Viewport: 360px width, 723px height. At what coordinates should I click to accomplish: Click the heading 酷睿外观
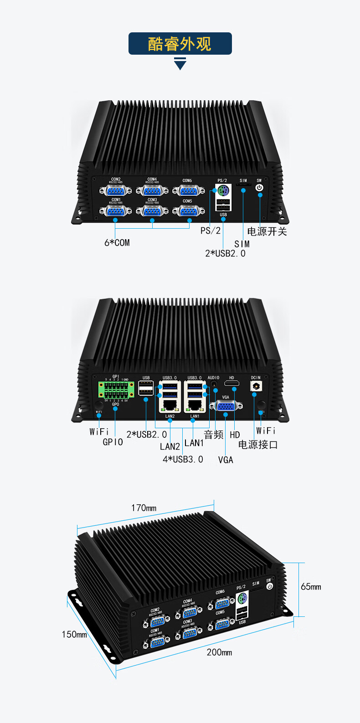180,44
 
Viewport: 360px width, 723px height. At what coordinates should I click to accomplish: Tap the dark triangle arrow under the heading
180,64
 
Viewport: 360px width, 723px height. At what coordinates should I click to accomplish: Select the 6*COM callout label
117,243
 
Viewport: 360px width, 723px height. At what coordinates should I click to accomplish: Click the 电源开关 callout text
267,231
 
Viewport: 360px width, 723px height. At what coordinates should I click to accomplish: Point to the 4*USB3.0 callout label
183,459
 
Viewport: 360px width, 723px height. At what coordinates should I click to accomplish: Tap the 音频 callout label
213,435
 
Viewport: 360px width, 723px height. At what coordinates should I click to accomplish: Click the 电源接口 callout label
258,445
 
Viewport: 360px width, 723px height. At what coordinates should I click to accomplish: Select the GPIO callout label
113,442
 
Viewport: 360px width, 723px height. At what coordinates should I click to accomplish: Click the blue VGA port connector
226,405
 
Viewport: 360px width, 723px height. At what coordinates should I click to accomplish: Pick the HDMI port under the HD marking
232,384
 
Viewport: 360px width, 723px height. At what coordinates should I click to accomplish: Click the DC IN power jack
256,386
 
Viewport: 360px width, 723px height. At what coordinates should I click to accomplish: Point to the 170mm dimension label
144,508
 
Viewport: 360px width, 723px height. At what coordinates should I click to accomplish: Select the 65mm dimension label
311,587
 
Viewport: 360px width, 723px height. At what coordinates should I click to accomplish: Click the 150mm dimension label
74,634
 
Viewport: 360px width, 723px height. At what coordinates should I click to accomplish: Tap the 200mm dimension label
219,652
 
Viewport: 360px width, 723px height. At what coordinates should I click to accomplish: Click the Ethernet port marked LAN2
170,404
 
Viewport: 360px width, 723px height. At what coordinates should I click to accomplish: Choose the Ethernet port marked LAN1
195,404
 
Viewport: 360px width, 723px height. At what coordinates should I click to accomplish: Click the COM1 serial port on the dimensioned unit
157,642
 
